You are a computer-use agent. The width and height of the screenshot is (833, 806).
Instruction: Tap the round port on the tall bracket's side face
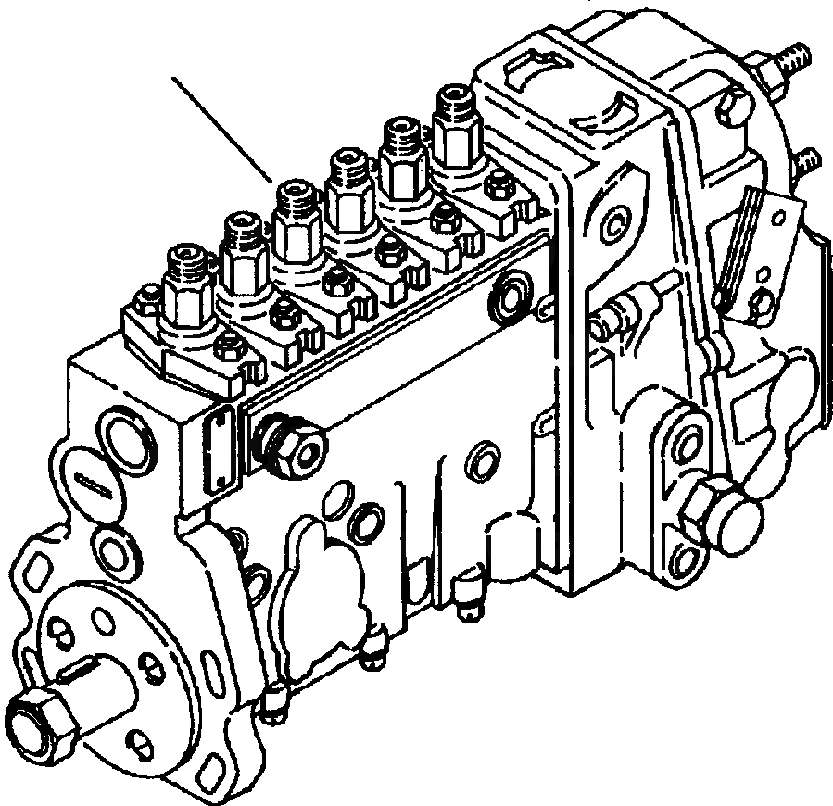pos(612,225)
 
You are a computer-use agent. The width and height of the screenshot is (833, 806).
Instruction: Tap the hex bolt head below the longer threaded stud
pos(731,107)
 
